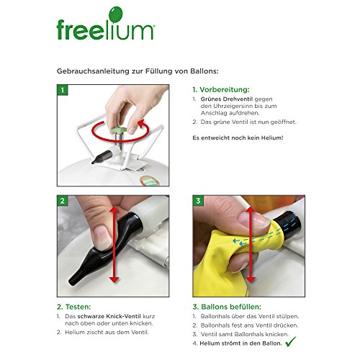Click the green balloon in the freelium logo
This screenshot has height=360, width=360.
(115, 14)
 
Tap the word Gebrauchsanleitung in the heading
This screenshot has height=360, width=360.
(93, 71)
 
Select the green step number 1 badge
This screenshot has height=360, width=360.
(63, 90)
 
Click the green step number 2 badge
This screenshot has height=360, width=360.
(63, 201)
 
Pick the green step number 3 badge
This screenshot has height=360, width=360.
(198, 201)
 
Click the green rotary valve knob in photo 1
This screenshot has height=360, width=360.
(118, 130)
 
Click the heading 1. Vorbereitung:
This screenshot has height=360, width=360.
(221, 89)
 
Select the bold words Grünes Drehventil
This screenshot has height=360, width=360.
(227, 99)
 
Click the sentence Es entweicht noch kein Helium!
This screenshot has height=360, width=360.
(238, 138)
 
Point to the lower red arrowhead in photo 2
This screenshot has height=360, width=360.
(114, 279)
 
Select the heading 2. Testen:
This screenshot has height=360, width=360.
(74, 307)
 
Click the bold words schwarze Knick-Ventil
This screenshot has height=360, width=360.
(109, 316)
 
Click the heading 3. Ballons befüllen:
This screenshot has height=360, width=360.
(227, 307)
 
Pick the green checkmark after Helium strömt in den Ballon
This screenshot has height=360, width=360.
(291, 341)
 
